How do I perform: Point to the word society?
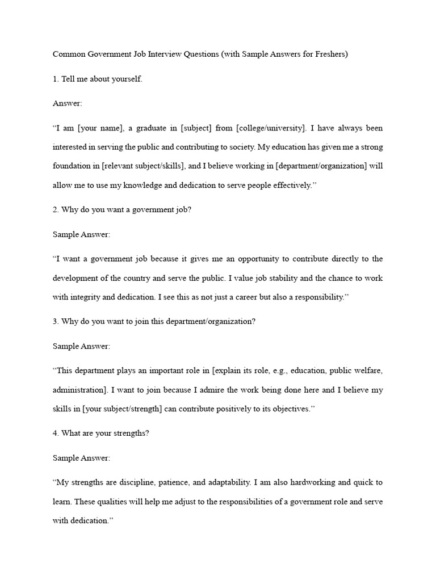(x=240, y=147)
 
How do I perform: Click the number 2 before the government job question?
(x=55, y=209)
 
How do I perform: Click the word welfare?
(x=368, y=371)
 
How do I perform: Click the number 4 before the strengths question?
(x=55, y=433)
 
